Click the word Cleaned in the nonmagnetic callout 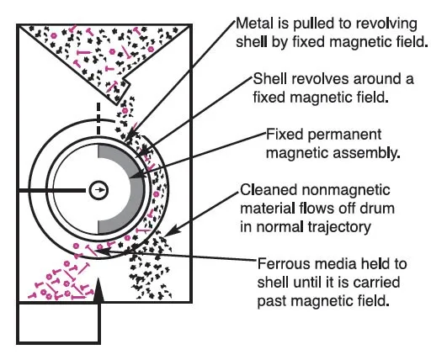pyautogui.click(x=267, y=190)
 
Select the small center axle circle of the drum pyautogui.click(x=98, y=190)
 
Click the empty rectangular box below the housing pyautogui.click(x=59, y=324)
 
